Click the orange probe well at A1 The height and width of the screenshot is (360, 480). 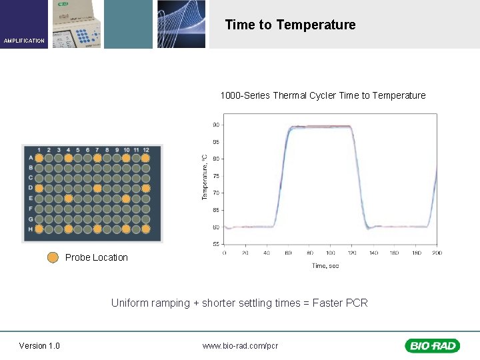39,158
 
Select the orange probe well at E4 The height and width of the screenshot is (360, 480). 68,199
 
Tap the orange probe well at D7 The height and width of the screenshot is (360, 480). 97,189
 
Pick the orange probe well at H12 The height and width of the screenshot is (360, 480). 146,229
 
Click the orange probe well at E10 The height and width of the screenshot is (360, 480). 126,199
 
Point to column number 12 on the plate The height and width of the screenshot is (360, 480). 146,149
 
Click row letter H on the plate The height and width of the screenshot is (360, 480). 30,229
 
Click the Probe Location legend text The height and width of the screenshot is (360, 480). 97,257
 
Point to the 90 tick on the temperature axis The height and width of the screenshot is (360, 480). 216,125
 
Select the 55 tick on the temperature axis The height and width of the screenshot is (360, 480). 216,245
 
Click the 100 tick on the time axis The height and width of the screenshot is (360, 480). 331,253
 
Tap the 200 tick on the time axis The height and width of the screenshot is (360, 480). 437,253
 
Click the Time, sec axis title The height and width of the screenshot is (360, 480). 326,265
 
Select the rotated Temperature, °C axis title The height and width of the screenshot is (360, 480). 205,177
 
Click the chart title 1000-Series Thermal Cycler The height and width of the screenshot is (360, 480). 323,95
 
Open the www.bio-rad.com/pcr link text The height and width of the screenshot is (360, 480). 240,345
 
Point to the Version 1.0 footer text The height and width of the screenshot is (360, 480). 39,345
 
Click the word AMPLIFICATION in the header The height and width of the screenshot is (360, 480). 24,41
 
